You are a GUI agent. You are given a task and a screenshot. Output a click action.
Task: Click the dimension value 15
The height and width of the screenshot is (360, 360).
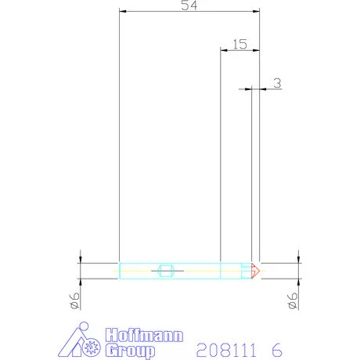click(x=239, y=45)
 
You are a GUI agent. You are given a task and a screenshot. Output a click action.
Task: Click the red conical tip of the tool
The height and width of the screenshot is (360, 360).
click(x=255, y=271)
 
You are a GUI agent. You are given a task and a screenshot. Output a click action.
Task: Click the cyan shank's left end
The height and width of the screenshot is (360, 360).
click(x=120, y=271)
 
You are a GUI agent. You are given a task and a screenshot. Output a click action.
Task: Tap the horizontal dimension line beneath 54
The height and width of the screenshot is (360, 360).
click(x=189, y=12)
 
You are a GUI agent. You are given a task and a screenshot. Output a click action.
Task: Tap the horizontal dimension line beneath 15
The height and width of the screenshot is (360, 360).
click(x=239, y=51)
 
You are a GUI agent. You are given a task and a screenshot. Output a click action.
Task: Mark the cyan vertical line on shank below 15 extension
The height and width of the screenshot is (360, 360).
click(x=221, y=271)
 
